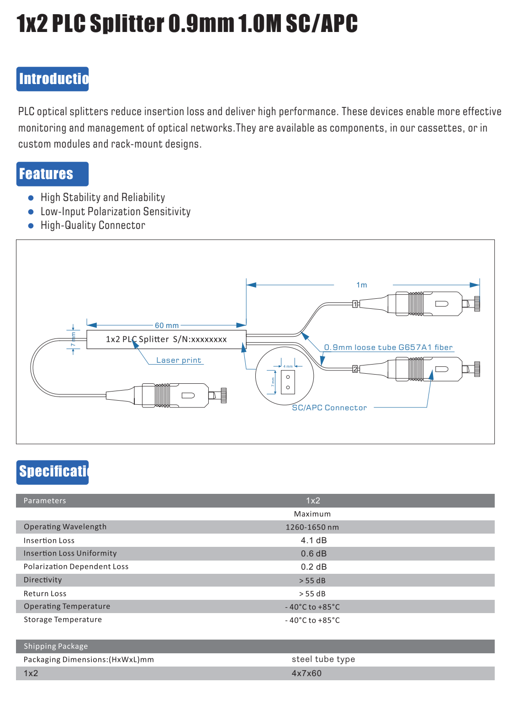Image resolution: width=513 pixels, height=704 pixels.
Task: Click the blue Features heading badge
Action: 53,174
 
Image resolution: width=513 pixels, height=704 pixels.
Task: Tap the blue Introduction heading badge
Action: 53,79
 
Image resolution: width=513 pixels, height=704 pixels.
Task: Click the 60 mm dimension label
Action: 167,325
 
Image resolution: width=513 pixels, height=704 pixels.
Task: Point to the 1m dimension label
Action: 361,285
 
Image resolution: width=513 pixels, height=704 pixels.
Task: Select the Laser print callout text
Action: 179,360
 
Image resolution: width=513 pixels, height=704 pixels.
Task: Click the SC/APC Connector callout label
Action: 329,408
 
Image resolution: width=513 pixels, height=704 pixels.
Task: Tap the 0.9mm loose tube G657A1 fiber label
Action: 388,347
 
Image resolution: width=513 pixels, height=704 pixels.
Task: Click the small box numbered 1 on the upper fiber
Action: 355,304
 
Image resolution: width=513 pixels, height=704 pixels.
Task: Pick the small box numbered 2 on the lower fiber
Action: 355,369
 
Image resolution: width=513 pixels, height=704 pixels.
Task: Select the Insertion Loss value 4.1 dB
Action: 314,540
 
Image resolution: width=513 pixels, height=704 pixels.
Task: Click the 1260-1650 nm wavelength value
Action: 312,527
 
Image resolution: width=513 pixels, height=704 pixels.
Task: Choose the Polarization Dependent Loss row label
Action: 76,566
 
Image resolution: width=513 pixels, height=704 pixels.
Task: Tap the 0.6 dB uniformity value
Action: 314,553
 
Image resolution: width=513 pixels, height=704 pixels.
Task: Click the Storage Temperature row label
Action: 63,619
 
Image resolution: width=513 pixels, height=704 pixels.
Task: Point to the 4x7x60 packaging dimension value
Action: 307,673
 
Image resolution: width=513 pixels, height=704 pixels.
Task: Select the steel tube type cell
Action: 323,659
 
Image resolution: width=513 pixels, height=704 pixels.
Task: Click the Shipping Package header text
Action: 56,646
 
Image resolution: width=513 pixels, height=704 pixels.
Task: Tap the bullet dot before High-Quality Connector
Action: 31,226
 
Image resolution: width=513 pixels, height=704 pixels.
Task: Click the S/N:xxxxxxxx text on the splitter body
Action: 200,339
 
